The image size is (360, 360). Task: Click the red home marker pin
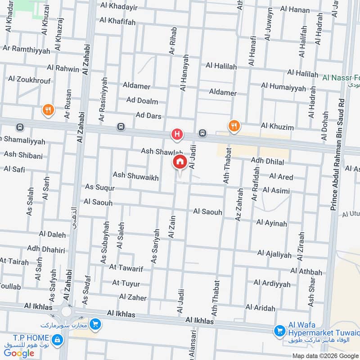(180, 162)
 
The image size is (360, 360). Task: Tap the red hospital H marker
(177, 134)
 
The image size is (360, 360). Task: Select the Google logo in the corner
(19, 353)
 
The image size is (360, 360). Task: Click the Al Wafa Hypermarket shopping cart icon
(279, 331)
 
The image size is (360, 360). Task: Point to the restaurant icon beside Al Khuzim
(233, 126)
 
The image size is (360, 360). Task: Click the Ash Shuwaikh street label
(135, 177)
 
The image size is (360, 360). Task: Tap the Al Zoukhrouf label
(29, 80)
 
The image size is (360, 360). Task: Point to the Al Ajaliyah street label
(274, 255)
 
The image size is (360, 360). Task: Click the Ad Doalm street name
(142, 101)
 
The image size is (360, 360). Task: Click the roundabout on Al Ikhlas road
(67, 312)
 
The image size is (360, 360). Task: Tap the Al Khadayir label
(119, 6)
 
